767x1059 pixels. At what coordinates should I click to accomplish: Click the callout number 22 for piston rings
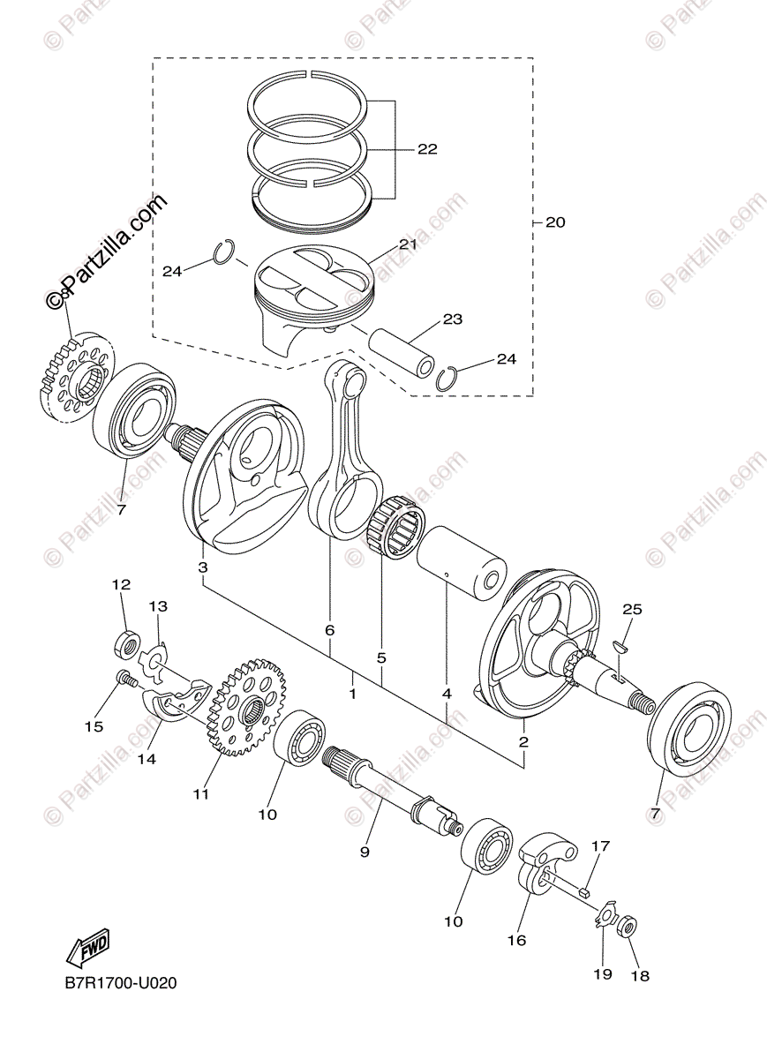pyautogui.click(x=427, y=149)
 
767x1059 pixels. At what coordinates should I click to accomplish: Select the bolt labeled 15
pyautogui.click(x=125, y=680)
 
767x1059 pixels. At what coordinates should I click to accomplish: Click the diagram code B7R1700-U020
pyautogui.click(x=119, y=982)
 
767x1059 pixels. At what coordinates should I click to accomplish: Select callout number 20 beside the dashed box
pyautogui.click(x=554, y=222)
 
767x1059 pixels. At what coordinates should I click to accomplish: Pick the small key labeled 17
pyautogui.click(x=583, y=893)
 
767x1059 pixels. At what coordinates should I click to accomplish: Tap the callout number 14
pyautogui.click(x=147, y=758)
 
